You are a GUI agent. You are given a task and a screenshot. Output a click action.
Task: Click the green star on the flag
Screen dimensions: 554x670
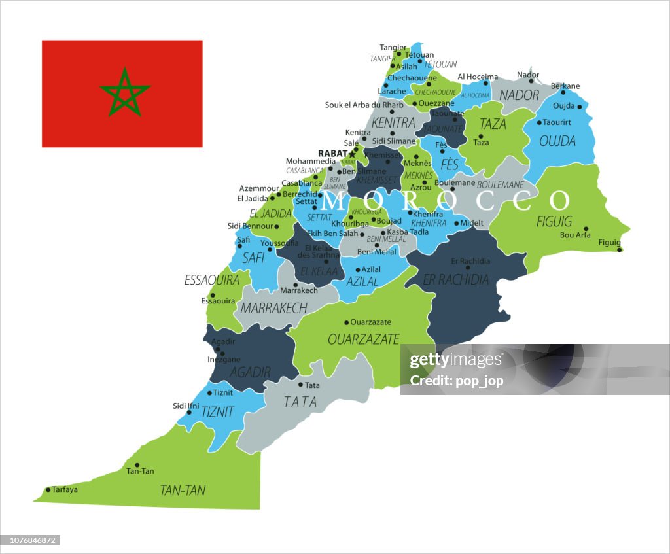(x=125, y=92)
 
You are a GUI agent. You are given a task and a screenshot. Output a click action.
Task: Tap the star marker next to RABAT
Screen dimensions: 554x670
(x=352, y=154)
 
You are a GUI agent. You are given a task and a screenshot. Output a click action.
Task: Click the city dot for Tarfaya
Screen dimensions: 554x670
(x=48, y=489)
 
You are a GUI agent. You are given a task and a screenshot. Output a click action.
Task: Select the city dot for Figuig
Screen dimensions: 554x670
(x=620, y=249)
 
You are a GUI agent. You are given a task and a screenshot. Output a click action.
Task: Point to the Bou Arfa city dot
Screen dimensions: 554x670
(x=586, y=229)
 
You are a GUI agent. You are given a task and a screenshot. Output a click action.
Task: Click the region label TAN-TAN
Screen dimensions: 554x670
(x=183, y=490)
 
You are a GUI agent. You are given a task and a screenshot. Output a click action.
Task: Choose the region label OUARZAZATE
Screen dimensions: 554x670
(x=363, y=339)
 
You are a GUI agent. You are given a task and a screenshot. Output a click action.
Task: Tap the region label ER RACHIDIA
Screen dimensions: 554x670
(x=456, y=280)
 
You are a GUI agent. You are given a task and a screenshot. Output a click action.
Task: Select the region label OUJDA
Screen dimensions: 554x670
(x=557, y=141)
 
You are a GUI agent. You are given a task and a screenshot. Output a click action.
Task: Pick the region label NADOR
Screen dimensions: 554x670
(x=520, y=95)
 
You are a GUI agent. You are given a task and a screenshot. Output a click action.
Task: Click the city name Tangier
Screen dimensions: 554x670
(x=393, y=47)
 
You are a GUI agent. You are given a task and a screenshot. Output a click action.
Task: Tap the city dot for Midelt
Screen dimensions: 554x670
(x=456, y=223)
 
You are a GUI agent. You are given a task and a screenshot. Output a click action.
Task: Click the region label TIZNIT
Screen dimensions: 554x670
(x=217, y=412)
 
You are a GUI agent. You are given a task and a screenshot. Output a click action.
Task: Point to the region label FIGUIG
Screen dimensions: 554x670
(x=554, y=221)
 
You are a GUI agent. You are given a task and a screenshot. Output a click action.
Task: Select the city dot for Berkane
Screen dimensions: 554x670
(x=563, y=93)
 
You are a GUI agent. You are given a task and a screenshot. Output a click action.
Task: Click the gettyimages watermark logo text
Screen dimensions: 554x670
(x=456, y=360)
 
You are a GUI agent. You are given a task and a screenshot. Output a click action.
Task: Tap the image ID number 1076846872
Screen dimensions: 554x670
(x=31, y=540)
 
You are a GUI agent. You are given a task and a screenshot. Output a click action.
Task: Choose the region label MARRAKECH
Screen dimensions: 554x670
(x=273, y=307)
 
